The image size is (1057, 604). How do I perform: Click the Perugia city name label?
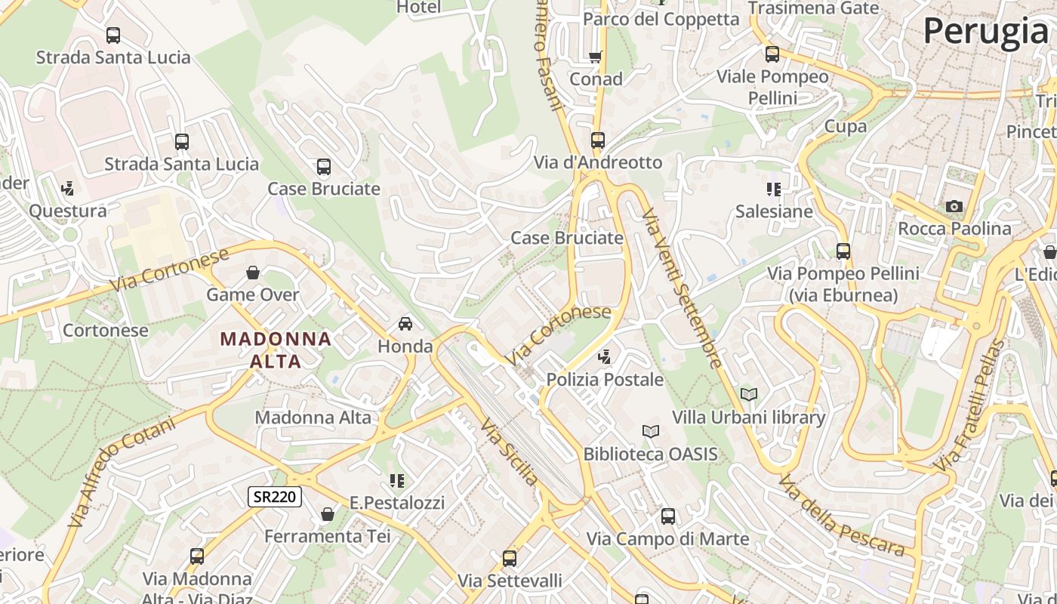[x=985, y=32]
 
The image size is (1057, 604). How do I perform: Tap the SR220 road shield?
[x=275, y=496]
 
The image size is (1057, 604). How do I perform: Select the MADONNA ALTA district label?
[x=276, y=350]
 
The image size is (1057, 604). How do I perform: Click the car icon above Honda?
[x=405, y=324]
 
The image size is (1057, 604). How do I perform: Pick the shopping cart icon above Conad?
[x=596, y=57]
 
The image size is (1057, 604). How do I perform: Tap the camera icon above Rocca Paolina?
[x=954, y=206]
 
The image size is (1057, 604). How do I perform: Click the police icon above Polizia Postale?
[x=604, y=356]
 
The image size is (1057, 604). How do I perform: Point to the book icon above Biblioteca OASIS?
[x=650, y=431]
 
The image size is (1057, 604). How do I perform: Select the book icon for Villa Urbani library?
[x=748, y=394]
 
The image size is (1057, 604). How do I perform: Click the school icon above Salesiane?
[x=774, y=189]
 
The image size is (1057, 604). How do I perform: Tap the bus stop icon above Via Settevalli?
[x=510, y=559]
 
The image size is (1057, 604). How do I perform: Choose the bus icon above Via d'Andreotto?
[x=598, y=140]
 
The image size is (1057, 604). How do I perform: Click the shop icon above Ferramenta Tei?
[x=328, y=514]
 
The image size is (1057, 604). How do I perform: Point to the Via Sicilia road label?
[x=510, y=452]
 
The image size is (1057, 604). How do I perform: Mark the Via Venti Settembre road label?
[x=682, y=288]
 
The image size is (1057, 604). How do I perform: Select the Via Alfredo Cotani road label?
[x=122, y=471]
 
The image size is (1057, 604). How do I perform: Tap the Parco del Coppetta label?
[x=661, y=19]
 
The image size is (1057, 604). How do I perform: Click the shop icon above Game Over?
[x=253, y=273]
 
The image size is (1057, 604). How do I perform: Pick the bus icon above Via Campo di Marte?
[x=668, y=516]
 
